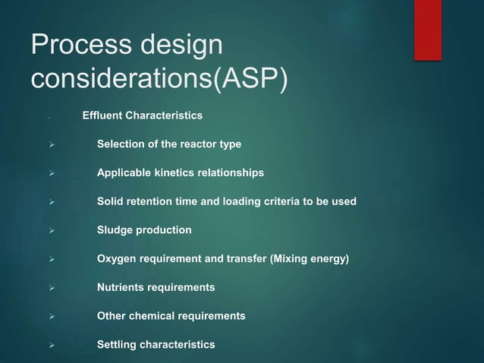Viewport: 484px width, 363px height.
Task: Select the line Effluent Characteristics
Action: click(x=142, y=116)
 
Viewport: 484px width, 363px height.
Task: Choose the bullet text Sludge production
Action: click(x=144, y=230)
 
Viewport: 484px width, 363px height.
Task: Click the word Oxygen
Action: click(x=117, y=259)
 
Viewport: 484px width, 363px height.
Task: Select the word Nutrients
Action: click(x=122, y=288)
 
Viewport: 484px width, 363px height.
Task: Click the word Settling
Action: click(x=118, y=345)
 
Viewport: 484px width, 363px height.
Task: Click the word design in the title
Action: click(x=184, y=46)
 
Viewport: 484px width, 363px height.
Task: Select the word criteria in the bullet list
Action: click(x=285, y=201)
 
